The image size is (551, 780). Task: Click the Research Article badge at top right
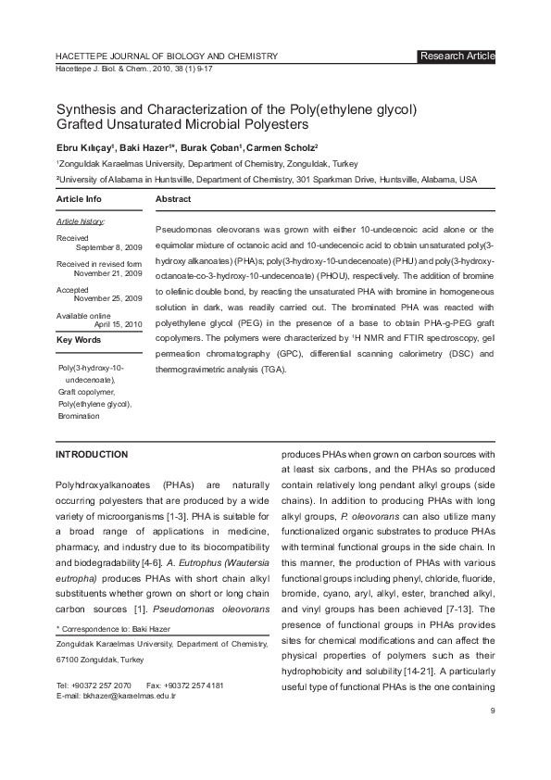tap(457, 57)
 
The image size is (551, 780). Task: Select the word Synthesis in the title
tap(89, 107)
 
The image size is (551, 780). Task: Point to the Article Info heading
tap(80, 199)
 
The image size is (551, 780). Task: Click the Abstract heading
tap(173, 199)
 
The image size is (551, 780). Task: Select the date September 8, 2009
tap(108, 248)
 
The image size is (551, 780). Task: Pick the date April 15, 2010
tap(119, 324)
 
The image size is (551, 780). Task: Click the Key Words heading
tap(80, 341)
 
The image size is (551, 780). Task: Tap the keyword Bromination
tap(79, 416)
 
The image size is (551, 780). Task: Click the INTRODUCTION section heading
tap(92, 455)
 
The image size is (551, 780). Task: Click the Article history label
tap(81, 222)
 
